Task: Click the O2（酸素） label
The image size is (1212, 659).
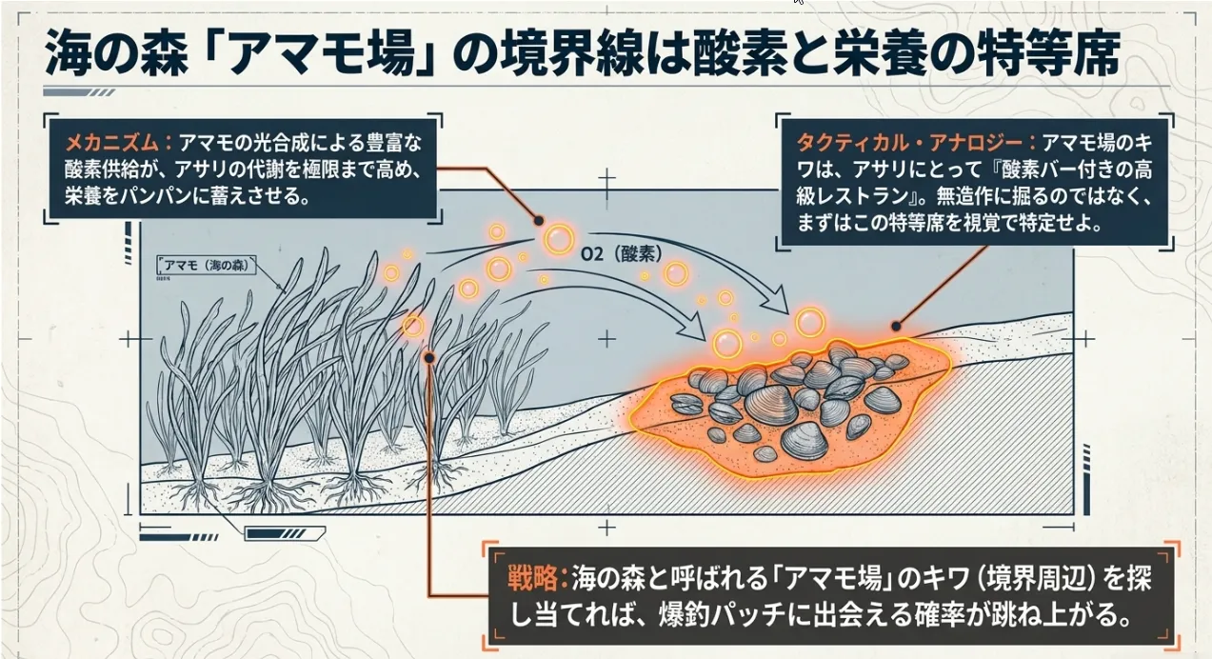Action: pyautogui.click(x=620, y=254)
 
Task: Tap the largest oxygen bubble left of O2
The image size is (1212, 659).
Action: pyautogui.click(x=560, y=239)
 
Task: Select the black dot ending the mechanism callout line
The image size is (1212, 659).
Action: pyautogui.click(x=539, y=220)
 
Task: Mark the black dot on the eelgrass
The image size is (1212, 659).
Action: pyautogui.click(x=429, y=357)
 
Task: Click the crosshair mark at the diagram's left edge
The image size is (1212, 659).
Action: pyautogui.click(x=129, y=339)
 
